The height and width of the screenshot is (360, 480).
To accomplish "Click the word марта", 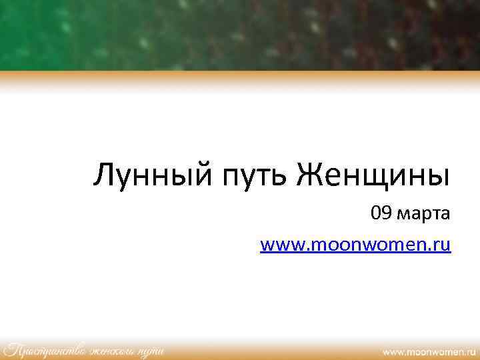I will click(423, 215).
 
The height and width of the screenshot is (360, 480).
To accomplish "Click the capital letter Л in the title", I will click(104, 175).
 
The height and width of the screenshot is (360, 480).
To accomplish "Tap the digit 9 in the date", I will click(386, 214).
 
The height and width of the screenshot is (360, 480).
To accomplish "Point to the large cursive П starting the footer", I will click(12, 349).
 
